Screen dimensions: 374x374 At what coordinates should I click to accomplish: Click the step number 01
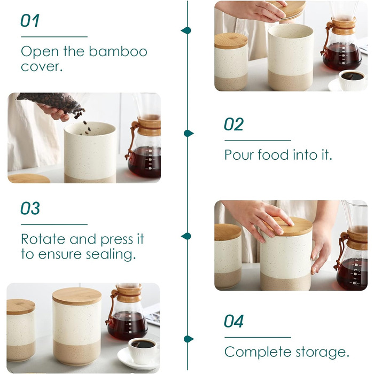30,20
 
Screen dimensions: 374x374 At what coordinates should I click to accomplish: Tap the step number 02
233,124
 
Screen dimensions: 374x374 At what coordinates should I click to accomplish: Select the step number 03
30,208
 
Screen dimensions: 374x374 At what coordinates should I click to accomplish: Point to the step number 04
233,321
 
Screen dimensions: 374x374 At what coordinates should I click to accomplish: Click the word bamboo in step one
118,51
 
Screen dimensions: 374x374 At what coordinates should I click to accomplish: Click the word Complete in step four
258,352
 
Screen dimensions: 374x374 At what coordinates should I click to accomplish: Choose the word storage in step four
323,353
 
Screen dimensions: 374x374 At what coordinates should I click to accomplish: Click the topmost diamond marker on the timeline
186,30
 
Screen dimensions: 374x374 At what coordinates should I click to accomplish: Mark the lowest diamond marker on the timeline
189,339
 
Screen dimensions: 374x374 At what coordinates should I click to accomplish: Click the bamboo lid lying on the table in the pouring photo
29,178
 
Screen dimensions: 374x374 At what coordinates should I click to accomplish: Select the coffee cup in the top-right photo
352,80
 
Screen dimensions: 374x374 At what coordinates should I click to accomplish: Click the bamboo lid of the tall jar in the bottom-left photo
77,296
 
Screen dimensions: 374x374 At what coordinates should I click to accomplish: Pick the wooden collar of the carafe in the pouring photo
149,126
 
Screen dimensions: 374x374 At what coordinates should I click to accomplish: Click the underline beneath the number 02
258,141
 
